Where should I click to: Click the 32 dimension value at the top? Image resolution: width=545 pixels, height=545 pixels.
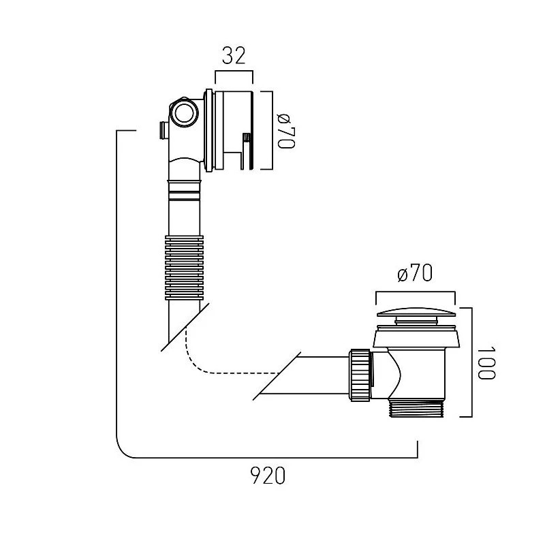point(234,55)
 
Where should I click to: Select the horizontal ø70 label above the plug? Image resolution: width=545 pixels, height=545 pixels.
point(414,275)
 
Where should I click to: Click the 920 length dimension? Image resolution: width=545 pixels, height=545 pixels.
point(267,476)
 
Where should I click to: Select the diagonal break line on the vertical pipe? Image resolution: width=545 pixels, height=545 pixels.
point(183,327)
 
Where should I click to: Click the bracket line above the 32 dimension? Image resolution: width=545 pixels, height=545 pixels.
point(234,72)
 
